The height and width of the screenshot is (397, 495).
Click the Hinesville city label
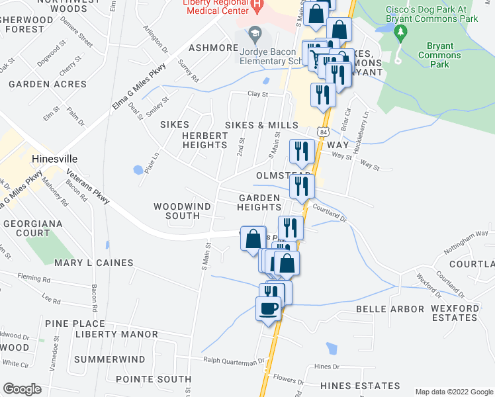pos(55,159)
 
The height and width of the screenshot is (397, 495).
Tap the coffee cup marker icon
pos(268,309)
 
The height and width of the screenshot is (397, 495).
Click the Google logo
pos(22,389)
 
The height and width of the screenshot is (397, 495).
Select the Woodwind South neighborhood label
pos(182,211)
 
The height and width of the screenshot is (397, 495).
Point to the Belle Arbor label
pos(390,309)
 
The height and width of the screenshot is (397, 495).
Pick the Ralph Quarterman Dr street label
pos(234,361)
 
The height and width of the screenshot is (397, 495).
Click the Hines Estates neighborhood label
pos(360,385)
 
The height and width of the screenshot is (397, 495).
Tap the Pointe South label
pos(154,379)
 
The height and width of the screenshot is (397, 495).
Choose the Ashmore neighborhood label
pos(213,48)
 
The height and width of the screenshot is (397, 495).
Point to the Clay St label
pos(257,94)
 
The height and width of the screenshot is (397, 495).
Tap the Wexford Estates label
pos(455,313)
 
